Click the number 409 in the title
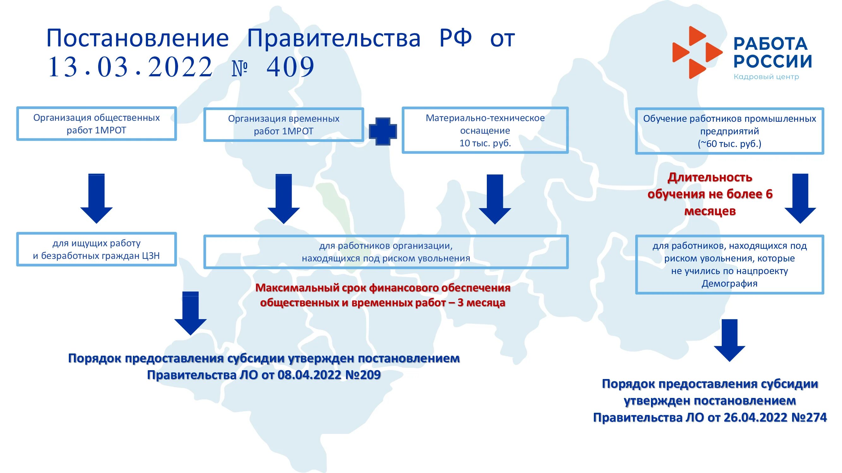point(290,67)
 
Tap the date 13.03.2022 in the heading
point(130,67)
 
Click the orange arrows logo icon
point(696,52)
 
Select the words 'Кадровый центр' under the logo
point(766,77)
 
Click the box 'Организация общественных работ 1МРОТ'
point(96,124)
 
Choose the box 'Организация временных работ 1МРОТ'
point(284,125)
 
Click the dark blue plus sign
point(383,131)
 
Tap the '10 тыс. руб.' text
point(485,143)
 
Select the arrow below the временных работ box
point(284,199)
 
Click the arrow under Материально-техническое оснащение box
point(495,199)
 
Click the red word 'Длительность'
point(710,178)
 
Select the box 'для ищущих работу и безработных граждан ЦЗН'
point(96,249)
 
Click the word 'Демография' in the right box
point(729,283)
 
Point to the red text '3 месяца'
point(481,303)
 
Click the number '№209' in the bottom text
point(363,375)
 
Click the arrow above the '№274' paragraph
point(729,340)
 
